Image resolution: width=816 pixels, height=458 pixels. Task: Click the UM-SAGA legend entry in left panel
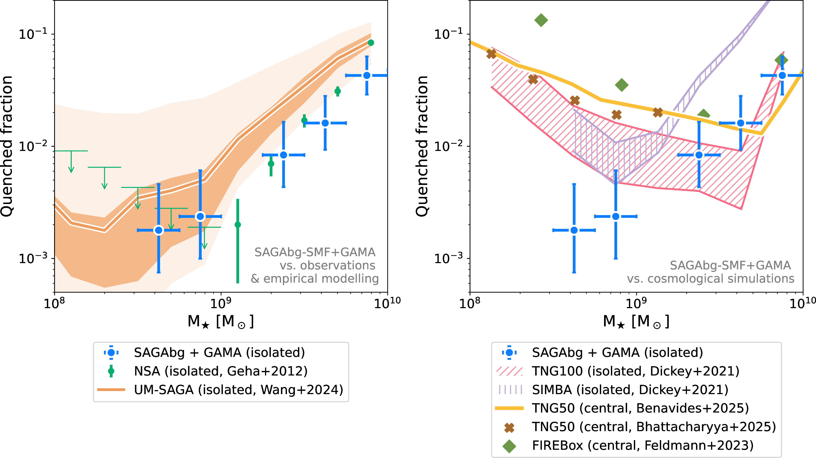238,390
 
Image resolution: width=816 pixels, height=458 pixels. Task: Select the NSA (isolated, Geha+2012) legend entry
221,371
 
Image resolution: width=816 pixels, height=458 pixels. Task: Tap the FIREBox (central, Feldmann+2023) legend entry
642,445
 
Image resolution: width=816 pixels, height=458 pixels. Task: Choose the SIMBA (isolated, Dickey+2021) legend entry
630,390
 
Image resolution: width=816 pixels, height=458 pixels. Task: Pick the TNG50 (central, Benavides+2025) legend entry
640,408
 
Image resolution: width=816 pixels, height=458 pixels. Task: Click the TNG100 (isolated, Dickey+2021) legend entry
635,371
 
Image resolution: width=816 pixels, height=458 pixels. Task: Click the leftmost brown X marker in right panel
491,54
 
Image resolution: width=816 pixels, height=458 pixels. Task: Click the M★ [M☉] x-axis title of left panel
221,322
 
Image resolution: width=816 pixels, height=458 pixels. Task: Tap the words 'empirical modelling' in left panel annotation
321,279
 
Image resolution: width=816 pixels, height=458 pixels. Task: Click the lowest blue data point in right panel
574,230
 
